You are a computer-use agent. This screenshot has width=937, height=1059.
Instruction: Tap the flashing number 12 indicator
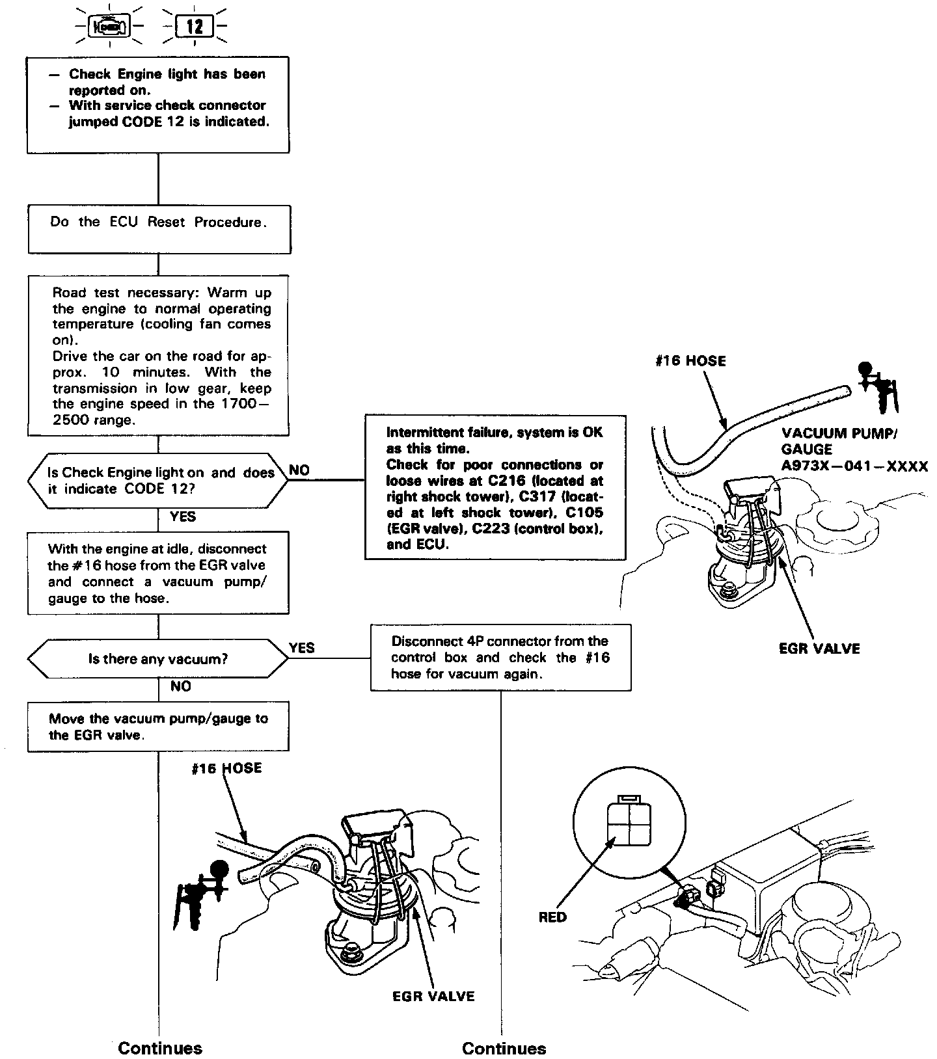195,27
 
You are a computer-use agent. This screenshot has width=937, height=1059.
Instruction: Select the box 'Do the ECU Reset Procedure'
158,229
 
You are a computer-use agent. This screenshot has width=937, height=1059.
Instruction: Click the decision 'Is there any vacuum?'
158,659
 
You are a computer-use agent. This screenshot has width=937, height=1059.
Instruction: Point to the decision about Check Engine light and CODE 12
158,481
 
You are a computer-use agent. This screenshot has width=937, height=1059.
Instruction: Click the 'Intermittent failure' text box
495,487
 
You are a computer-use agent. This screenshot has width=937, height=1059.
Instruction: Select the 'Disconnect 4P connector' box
500,657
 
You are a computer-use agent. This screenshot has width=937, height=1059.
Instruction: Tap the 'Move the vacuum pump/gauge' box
158,727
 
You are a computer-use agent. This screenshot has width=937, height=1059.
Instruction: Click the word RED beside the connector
552,917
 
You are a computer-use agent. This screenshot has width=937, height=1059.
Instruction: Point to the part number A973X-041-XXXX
854,466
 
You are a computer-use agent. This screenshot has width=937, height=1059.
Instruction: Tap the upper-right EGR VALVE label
819,649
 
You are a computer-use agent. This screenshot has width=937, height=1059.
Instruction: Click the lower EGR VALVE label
433,996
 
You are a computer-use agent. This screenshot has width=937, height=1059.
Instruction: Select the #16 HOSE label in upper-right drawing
690,361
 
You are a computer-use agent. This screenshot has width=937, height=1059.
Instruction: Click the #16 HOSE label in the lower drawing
226,768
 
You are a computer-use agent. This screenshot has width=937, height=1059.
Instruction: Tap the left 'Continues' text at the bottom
160,1048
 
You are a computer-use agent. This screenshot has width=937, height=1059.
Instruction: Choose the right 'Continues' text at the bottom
504,1048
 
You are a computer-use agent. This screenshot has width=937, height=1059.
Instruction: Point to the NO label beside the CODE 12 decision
299,470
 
